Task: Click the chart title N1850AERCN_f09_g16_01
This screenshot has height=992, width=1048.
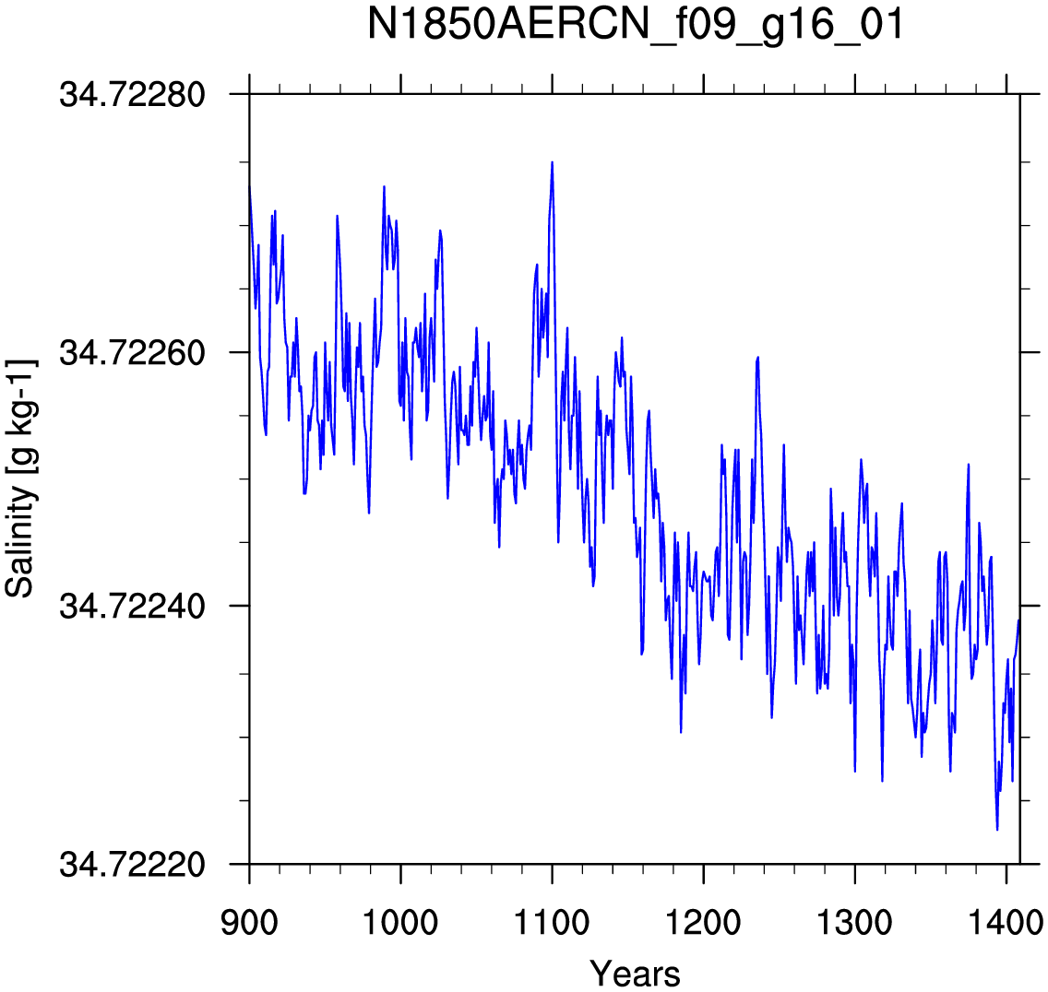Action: point(636,25)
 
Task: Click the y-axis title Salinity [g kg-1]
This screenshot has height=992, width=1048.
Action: point(20,478)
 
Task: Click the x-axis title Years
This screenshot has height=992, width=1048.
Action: point(635,973)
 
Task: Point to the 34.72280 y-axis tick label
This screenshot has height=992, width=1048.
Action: point(132,95)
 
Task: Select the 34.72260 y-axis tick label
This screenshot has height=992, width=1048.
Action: point(132,352)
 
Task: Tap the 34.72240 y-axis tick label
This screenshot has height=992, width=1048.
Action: point(132,606)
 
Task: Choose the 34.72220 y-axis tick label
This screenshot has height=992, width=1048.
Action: point(132,864)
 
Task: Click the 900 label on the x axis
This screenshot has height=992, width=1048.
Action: point(249,923)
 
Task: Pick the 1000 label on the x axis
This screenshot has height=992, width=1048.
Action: point(400,923)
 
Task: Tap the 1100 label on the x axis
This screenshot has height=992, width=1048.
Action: point(552,923)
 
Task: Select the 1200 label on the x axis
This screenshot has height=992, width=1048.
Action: point(703,923)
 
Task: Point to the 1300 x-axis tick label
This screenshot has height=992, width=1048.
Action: point(855,923)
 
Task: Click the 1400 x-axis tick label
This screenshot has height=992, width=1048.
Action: point(1006,923)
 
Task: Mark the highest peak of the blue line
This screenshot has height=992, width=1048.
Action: point(552,161)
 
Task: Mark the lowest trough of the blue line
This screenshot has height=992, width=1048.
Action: point(997,830)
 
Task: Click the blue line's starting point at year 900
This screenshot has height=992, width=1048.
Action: point(249,185)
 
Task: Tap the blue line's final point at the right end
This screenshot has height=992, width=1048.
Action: point(1019,620)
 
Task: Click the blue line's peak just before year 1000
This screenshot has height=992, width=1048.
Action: point(385,186)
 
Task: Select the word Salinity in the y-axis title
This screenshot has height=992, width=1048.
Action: point(20,541)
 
